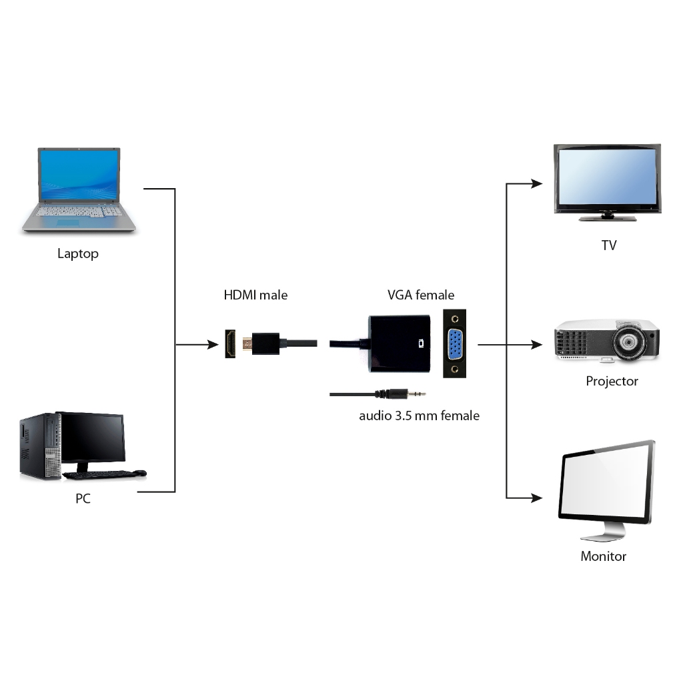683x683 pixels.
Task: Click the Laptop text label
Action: (x=78, y=254)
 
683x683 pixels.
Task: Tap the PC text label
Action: (x=83, y=499)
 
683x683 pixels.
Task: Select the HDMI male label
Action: (x=255, y=295)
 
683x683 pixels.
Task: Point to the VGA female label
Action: (x=421, y=295)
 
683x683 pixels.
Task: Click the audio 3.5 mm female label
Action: (x=419, y=416)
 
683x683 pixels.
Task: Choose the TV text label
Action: (x=608, y=245)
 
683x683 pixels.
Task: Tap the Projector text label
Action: (x=612, y=382)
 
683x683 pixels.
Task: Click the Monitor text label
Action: (x=603, y=556)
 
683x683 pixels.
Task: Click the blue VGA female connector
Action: (x=454, y=345)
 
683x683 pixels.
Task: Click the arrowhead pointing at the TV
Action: (x=538, y=183)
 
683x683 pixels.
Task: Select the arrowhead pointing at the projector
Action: (x=538, y=345)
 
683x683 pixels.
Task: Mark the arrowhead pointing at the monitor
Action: (x=538, y=498)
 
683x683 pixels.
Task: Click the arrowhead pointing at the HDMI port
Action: (x=212, y=345)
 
